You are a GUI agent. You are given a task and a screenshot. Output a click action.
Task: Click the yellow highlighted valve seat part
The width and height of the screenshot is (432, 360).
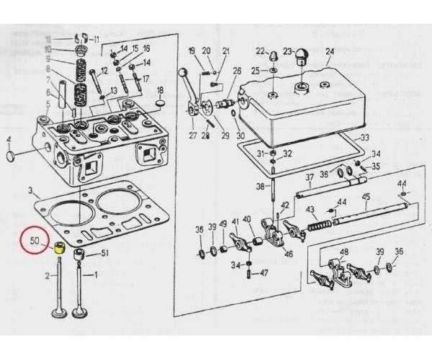pos(61,249)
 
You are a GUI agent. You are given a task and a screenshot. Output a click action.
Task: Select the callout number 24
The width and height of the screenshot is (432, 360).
pos(330,51)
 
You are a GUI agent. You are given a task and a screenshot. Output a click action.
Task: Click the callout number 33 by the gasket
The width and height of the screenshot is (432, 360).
pos(364,138)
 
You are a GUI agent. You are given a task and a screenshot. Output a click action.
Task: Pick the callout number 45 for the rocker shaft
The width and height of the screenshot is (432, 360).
pos(366,197)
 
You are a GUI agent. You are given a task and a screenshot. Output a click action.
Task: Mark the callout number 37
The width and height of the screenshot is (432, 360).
pos(308,177)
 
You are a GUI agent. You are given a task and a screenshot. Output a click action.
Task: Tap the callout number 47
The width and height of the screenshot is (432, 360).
pos(264,274)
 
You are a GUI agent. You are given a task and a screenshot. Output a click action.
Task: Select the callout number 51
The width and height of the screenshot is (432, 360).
pos(104,253)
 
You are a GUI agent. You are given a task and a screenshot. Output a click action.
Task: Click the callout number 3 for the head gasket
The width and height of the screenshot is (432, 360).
pos(31,191)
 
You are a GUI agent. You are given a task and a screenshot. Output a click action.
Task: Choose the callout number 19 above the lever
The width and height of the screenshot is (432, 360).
pos(192,50)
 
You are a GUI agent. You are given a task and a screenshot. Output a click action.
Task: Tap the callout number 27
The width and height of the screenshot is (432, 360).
pos(192,135)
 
